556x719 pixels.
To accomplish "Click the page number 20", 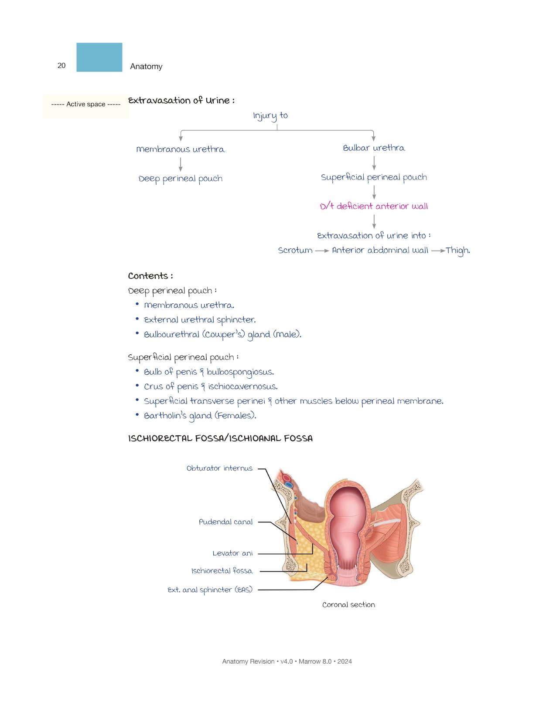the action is (61, 65).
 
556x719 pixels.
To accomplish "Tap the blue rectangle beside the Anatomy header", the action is (99, 57).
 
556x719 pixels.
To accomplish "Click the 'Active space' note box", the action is (86, 106).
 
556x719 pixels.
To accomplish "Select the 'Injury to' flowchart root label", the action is (270, 116).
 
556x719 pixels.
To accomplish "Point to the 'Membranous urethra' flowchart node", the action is (181, 149).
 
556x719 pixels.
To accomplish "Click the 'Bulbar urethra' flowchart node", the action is (374, 148).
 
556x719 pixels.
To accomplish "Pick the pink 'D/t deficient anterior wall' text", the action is (374, 206).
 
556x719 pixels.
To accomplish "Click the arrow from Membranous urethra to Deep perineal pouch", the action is (181, 164).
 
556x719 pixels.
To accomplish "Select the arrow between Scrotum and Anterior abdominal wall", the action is (322, 251).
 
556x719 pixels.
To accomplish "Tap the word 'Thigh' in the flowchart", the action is (457, 251).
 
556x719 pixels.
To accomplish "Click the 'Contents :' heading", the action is (150, 276).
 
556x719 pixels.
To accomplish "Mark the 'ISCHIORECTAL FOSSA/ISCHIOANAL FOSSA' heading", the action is (220, 439).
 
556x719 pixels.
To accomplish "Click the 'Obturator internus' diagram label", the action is (219, 468).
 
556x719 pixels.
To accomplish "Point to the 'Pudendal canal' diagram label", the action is (225, 522).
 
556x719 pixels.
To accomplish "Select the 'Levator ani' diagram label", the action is (232, 553).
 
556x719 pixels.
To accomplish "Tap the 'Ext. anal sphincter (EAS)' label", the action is (210, 590).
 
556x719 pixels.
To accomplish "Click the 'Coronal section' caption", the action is (348, 605).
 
